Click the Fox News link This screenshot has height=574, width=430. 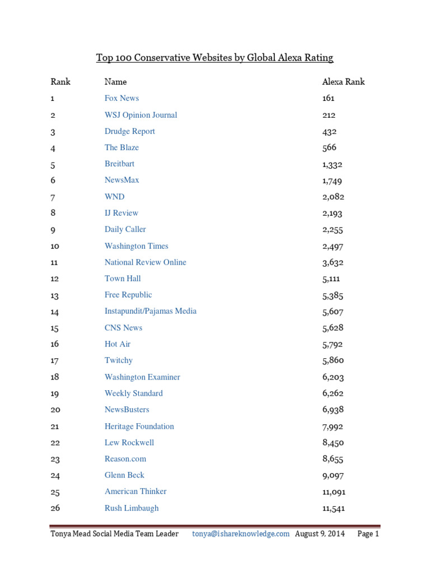[121, 98]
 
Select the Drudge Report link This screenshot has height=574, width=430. [129, 131]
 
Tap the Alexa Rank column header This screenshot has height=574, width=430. [343, 82]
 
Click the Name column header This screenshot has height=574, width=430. [115, 82]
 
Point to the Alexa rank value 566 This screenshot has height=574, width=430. [329, 147]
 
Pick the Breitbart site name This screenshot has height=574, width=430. [119, 164]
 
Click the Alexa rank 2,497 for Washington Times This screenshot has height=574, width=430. [333, 246]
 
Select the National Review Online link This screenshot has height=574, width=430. [145, 262]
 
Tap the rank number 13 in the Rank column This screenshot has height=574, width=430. [54, 295]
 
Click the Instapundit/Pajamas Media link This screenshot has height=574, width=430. [150, 311]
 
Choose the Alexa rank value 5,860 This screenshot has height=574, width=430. [333, 360]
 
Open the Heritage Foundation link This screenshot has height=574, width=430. [139, 427]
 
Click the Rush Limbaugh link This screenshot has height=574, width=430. [131, 508]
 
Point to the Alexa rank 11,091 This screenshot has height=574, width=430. [334, 492]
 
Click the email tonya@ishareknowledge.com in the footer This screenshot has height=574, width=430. [241, 534]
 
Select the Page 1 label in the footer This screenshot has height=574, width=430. [368, 534]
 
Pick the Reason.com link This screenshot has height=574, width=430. [125, 459]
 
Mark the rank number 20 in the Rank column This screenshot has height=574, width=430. [55, 410]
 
